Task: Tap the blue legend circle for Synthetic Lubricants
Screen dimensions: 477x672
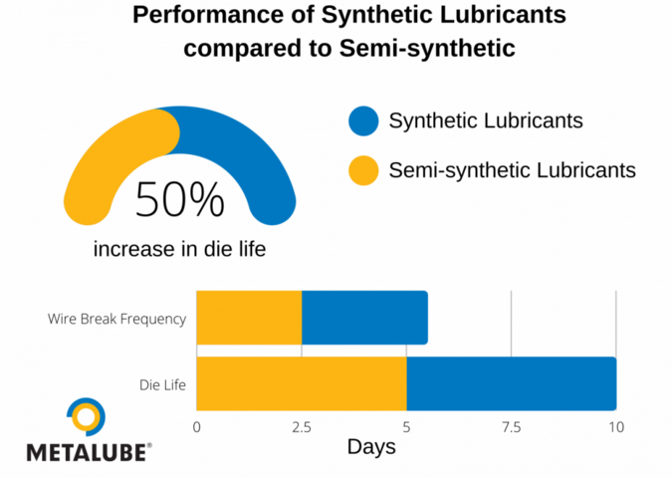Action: click(x=363, y=120)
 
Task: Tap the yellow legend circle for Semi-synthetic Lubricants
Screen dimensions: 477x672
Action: click(x=363, y=169)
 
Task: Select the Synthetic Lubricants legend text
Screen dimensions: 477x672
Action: click(x=485, y=120)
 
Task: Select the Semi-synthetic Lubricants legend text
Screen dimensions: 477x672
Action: click(x=512, y=169)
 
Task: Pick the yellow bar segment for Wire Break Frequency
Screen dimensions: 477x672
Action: click(x=249, y=318)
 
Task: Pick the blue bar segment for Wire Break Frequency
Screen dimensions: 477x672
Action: click(x=364, y=318)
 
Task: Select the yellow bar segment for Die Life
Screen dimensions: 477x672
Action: click(x=302, y=383)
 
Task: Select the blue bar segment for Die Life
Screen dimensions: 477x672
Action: click(x=511, y=383)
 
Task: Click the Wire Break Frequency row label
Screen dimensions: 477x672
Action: click(x=116, y=320)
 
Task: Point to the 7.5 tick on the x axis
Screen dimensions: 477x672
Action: click(x=511, y=426)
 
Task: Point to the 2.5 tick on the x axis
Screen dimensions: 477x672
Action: click(x=301, y=426)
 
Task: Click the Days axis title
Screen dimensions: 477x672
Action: click(x=370, y=447)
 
